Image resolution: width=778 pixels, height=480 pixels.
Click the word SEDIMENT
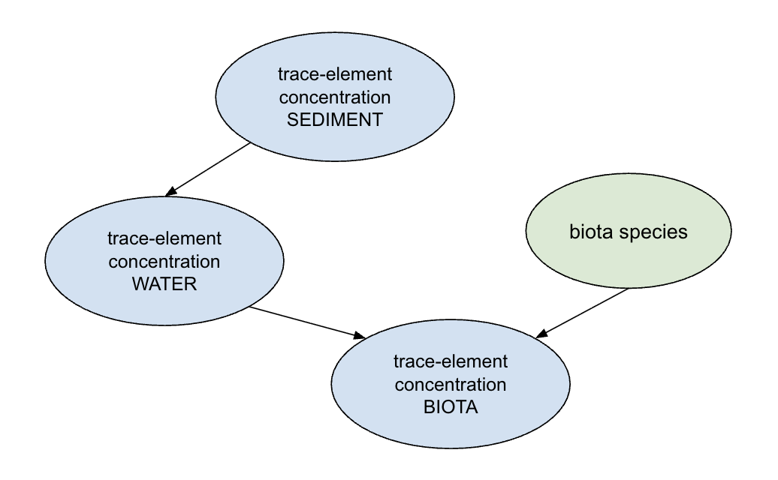[x=335, y=120]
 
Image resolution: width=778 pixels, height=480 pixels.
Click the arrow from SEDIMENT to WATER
[x=210, y=167]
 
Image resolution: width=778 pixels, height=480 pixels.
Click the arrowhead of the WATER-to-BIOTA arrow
[x=360, y=336]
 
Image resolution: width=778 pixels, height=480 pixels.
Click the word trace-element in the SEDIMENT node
[x=335, y=76]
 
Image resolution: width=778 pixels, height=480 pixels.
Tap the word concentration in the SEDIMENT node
[x=335, y=98]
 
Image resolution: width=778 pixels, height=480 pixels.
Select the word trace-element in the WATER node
[x=164, y=239]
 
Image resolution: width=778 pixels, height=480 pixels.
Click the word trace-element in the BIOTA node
[x=451, y=362]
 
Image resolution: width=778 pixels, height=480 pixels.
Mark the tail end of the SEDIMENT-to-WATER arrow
[x=249, y=143]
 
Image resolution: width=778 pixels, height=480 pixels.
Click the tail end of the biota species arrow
[x=627, y=290]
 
